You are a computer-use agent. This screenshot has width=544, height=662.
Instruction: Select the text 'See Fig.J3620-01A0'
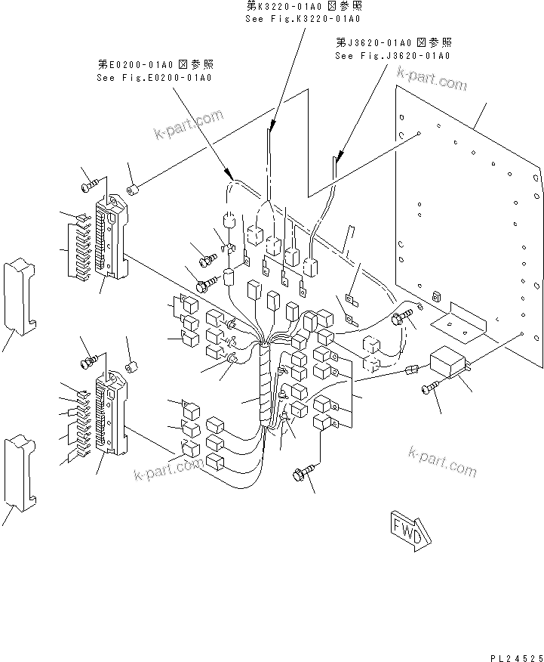click(x=392, y=56)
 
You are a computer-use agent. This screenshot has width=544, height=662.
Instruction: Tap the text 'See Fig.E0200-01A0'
click(x=154, y=77)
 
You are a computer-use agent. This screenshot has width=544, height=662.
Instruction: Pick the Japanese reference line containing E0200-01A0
click(x=154, y=65)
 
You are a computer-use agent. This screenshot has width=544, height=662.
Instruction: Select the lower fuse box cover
click(x=20, y=469)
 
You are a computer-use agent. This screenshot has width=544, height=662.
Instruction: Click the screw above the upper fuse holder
click(x=90, y=184)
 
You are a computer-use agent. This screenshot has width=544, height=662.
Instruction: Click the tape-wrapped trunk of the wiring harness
click(x=263, y=385)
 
